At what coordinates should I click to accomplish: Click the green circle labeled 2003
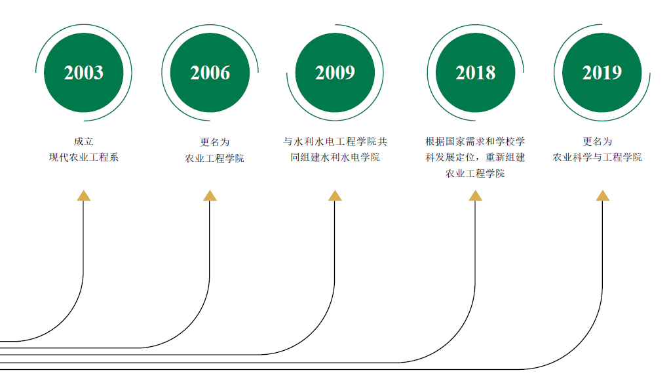[x=83, y=72]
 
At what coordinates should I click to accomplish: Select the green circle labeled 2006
[x=210, y=72]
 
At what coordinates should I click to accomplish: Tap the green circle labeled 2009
[x=335, y=72]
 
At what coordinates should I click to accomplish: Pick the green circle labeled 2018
[x=476, y=72]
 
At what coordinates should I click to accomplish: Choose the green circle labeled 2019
[x=602, y=72]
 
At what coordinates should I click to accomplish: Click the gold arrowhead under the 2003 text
[x=83, y=195]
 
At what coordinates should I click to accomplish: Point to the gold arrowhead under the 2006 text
[x=210, y=195]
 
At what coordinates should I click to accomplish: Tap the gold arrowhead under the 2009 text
[x=335, y=195]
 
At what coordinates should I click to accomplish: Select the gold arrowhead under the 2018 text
[x=476, y=195]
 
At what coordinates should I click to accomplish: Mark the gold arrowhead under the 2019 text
[x=602, y=195]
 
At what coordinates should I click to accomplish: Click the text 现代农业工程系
[x=84, y=157]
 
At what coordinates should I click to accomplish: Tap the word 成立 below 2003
[x=84, y=141]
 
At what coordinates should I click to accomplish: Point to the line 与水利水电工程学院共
[x=335, y=141]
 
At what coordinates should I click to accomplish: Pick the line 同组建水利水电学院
[x=335, y=157]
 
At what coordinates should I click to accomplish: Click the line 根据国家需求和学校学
[x=475, y=141]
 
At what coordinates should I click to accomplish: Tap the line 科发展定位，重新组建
[x=475, y=157]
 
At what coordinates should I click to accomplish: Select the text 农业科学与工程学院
[x=597, y=157]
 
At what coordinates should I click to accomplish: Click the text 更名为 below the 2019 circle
[x=597, y=141]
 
